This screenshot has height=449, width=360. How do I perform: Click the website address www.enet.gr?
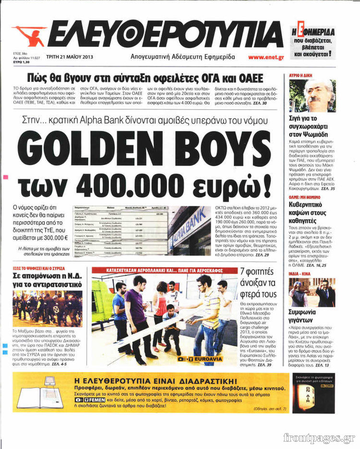[266, 57]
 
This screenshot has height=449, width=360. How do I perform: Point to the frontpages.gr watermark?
[319, 437]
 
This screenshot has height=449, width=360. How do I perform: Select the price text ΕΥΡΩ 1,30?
[22, 62]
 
